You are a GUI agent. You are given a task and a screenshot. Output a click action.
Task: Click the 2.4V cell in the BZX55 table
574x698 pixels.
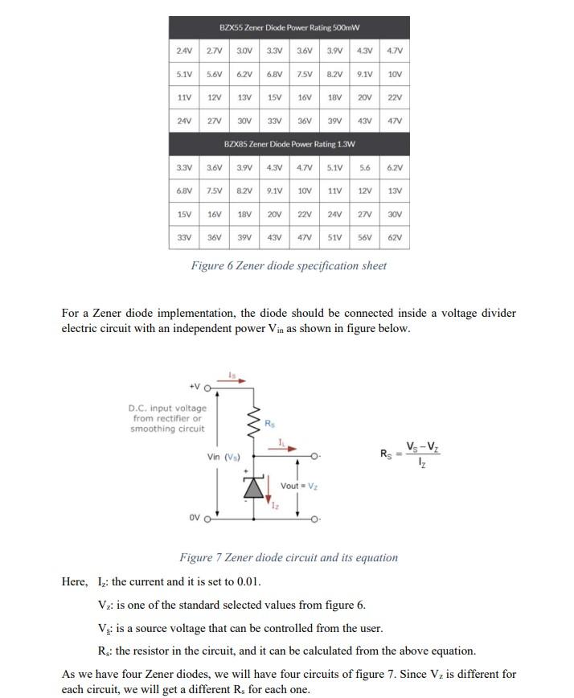click(x=184, y=51)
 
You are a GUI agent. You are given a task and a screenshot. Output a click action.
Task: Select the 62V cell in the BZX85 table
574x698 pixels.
click(x=394, y=239)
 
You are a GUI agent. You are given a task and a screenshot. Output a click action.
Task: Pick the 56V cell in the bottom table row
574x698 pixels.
click(x=364, y=239)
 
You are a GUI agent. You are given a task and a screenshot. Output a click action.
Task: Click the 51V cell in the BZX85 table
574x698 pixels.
click(x=334, y=239)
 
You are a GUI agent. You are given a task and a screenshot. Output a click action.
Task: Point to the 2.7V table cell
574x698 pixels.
click(x=214, y=51)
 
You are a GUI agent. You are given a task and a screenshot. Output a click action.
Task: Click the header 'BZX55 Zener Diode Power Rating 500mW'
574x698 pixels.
click(x=289, y=28)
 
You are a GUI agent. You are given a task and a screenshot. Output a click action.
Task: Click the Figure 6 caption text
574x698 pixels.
click(x=289, y=266)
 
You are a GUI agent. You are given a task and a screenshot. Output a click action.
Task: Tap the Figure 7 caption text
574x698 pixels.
click(x=288, y=557)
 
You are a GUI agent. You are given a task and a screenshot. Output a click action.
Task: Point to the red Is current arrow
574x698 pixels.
click(x=235, y=380)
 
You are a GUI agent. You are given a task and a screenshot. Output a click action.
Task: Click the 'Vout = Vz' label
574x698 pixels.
click(x=301, y=486)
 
